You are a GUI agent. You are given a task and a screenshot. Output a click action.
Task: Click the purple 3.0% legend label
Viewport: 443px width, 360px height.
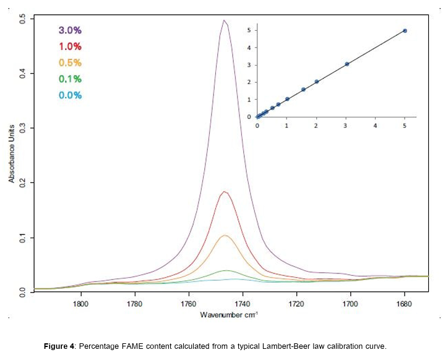[70, 30]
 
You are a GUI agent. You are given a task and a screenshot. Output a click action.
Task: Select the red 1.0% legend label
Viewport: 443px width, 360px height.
[70, 46]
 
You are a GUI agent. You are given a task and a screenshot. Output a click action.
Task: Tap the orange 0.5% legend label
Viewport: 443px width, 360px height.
[70, 62]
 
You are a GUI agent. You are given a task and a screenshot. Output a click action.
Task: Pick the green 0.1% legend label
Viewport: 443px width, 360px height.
[70, 79]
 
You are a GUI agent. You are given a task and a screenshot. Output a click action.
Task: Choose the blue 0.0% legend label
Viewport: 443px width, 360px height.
[70, 95]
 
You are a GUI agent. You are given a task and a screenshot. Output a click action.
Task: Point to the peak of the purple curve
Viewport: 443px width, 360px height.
[224, 20]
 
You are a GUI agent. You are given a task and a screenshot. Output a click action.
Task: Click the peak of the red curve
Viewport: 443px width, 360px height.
[225, 192]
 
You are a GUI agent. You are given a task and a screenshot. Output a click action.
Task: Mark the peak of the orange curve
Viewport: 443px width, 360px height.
[226, 235]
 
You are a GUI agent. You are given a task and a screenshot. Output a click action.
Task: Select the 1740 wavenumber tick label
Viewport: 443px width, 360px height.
[242, 304]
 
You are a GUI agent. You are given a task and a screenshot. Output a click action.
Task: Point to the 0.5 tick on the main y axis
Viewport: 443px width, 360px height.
[22, 19]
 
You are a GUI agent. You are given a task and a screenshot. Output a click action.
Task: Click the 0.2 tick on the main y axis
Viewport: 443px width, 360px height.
[22, 183]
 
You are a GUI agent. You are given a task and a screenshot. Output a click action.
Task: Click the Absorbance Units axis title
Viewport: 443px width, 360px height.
[11, 155]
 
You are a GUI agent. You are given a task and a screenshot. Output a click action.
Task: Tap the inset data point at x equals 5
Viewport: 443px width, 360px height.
[405, 30]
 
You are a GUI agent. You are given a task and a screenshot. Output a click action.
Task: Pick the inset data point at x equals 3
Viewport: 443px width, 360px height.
[347, 64]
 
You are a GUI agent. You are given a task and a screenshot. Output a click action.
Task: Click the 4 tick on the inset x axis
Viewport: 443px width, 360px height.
[375, 125]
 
